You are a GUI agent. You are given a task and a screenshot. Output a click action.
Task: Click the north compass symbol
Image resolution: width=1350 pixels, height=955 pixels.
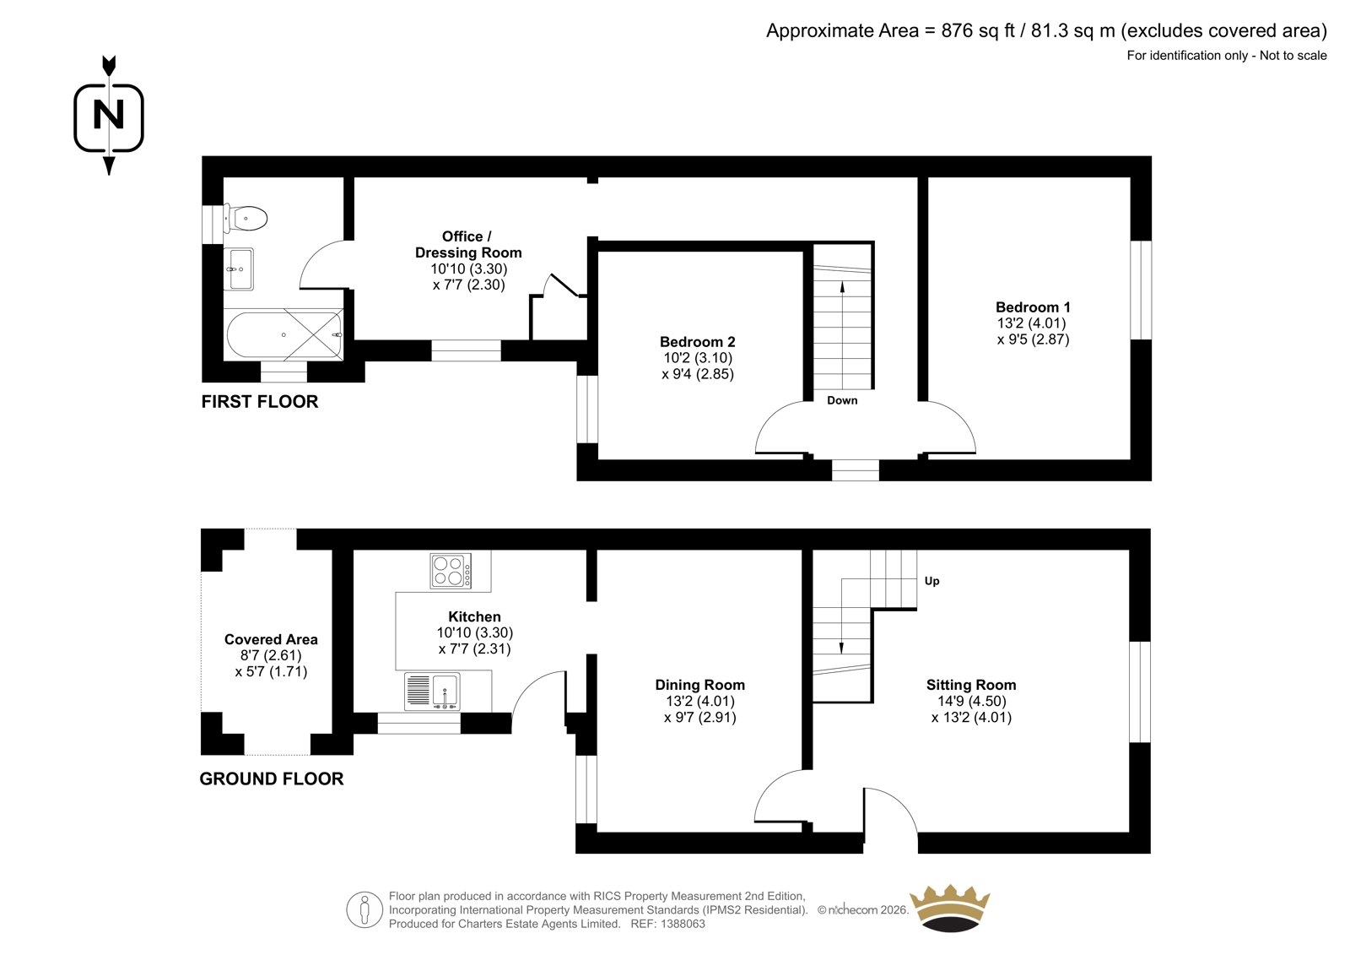point(109,116)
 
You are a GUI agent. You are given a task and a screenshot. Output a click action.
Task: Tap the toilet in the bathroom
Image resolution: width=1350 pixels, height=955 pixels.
point(246,219)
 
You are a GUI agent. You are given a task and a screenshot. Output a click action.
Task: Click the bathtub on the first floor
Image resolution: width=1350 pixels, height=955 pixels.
point(284,335)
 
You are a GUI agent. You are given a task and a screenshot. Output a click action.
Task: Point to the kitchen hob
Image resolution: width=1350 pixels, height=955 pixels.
point(451,571)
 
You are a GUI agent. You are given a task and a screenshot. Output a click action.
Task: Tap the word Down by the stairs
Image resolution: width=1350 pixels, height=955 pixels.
point(842,400)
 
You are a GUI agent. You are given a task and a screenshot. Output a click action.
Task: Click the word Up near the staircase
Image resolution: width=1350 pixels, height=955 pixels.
point(931,581)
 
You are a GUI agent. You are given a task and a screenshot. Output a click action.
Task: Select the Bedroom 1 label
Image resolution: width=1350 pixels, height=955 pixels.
point(1033,307)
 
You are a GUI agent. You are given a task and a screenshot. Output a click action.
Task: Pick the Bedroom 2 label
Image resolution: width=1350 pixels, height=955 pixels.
point(697,342)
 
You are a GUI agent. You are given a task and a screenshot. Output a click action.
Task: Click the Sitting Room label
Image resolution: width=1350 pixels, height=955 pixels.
point(971,685)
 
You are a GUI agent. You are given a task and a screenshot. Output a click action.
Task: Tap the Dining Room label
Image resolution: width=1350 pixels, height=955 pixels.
point(699,685)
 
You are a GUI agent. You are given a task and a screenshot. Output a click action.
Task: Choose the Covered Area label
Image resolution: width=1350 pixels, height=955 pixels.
point(271,639)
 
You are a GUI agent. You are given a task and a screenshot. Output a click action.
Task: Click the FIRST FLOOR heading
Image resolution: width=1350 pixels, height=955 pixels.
point(260,402)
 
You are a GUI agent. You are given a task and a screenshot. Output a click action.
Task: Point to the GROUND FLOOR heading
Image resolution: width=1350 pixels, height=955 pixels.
point(272,779)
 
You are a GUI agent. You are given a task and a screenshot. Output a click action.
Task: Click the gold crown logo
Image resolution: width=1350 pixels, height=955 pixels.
point(949,908)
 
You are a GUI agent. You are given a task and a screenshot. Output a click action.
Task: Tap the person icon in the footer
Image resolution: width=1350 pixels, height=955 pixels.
point(364,909)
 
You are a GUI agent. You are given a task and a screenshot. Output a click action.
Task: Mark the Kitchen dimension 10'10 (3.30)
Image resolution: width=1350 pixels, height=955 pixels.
point(475,632)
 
